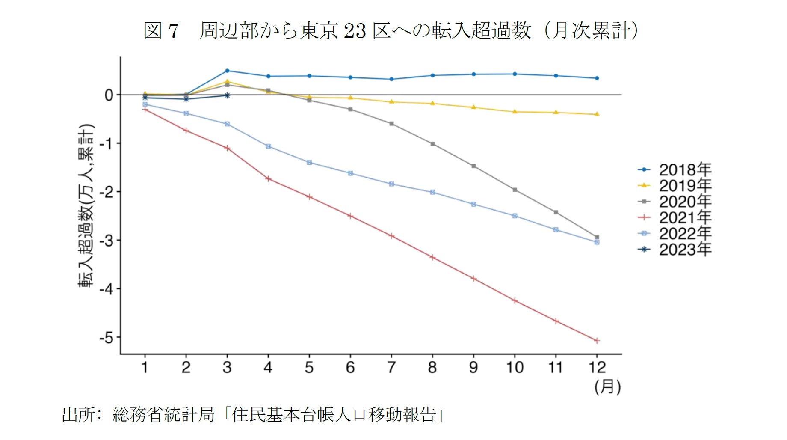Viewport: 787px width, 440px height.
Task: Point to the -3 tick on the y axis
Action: [107, 241]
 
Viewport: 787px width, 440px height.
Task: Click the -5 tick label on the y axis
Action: [107, 338]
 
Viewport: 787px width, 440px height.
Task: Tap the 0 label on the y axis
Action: [109, 95]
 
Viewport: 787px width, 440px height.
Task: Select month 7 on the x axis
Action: [391, 367]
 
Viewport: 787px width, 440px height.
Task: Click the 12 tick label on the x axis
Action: [597, 367]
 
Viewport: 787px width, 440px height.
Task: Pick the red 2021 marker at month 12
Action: [597, 341]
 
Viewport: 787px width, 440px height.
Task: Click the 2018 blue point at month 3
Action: [227, 71]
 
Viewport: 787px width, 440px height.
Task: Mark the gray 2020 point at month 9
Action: [473, 166]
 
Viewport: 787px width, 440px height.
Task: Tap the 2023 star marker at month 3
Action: [227, 95]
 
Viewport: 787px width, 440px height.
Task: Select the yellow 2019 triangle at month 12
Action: [597, 114]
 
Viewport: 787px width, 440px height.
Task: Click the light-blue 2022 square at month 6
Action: [350, 173]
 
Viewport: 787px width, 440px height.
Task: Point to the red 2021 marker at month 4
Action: [268, 179]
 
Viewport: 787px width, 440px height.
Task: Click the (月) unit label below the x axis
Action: [607, 387]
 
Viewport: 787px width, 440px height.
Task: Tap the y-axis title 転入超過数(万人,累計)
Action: [86, 205]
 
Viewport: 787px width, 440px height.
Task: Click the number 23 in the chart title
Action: [355, 31]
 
